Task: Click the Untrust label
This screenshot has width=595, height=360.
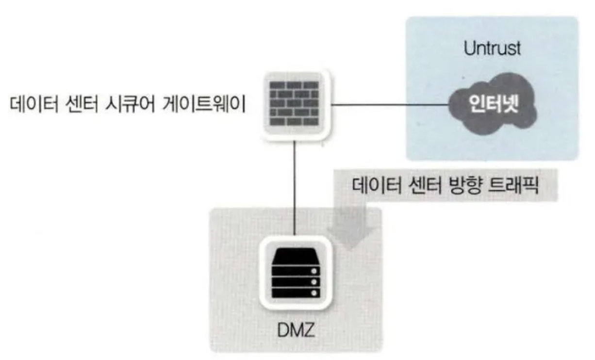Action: (492, 49)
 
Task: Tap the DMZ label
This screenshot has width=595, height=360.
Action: (296, 330)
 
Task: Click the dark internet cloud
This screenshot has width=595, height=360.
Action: (493, 104)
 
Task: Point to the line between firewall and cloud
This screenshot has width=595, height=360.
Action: (390, 105)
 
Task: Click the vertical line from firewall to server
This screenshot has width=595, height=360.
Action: (294, 188)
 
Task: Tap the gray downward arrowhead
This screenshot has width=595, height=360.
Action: (350, 238)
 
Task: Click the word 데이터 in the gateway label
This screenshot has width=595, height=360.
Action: (33, 104)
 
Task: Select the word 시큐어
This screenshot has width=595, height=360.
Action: (130, 104)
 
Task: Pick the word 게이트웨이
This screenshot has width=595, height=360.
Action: (204, 104)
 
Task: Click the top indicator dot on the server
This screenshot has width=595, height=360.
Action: (314, 271)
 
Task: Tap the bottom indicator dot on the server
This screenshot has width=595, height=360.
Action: (314, 293)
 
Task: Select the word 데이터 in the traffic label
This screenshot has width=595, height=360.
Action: (376, 185)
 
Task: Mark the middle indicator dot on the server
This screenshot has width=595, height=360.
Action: (314, 282)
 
